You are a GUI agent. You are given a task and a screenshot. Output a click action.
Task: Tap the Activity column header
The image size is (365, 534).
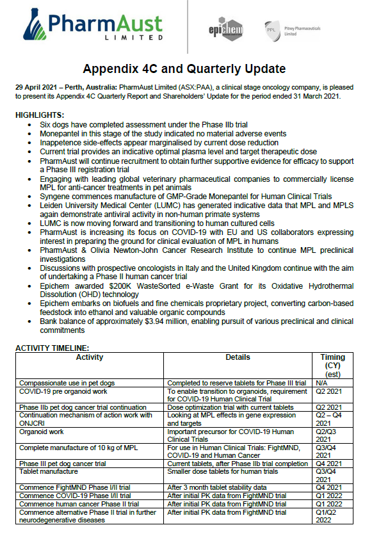[90, 357]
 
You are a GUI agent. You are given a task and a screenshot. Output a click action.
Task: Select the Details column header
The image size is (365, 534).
[241, 357]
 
